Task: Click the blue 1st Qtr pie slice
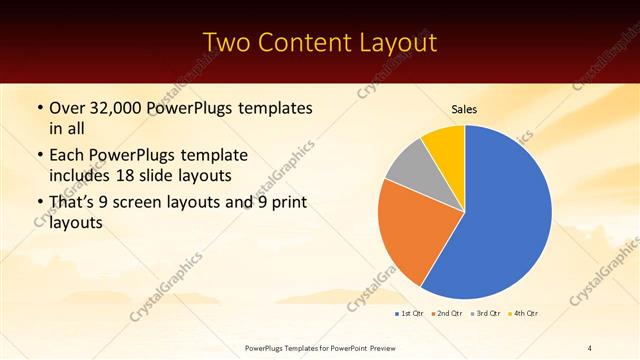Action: (x=500, y=220)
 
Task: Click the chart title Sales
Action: (x=465, y=109)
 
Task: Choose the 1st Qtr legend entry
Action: (x=411, y=314)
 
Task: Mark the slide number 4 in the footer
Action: (x=590, y=347)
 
